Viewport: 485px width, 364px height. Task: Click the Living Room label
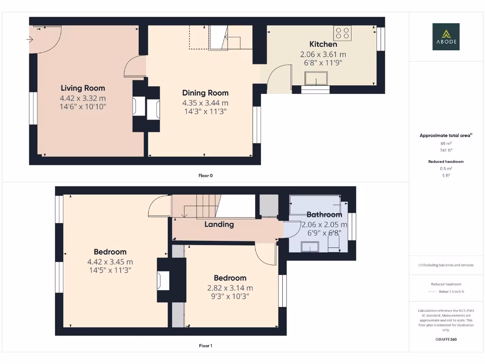point(83,88)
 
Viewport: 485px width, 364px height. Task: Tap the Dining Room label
point(205,93)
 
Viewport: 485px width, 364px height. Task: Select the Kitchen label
point(323,44)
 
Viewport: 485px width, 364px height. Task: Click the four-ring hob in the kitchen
point(343,33)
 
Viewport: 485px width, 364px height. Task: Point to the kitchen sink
point(316,78)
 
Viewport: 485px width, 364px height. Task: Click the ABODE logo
point(446,37)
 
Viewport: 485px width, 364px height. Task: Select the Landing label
point(219,224)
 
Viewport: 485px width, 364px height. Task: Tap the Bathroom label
point(324,215)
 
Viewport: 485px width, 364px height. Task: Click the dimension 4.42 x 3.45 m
point(110,262)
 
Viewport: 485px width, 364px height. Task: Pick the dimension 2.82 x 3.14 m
point(230,288)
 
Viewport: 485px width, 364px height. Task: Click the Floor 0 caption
point(205,175)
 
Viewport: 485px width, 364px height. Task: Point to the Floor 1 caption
point(205,346)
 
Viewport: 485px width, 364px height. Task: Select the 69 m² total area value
point(446,143)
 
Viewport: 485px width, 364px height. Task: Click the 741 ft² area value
point(446,150)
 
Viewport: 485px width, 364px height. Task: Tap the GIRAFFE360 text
point(446,339)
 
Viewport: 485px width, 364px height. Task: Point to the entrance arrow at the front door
point(30,39)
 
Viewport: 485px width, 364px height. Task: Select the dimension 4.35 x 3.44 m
point(205,103)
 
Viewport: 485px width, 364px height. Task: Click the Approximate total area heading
point(446,136)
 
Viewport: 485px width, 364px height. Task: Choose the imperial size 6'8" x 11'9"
point(323,63)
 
